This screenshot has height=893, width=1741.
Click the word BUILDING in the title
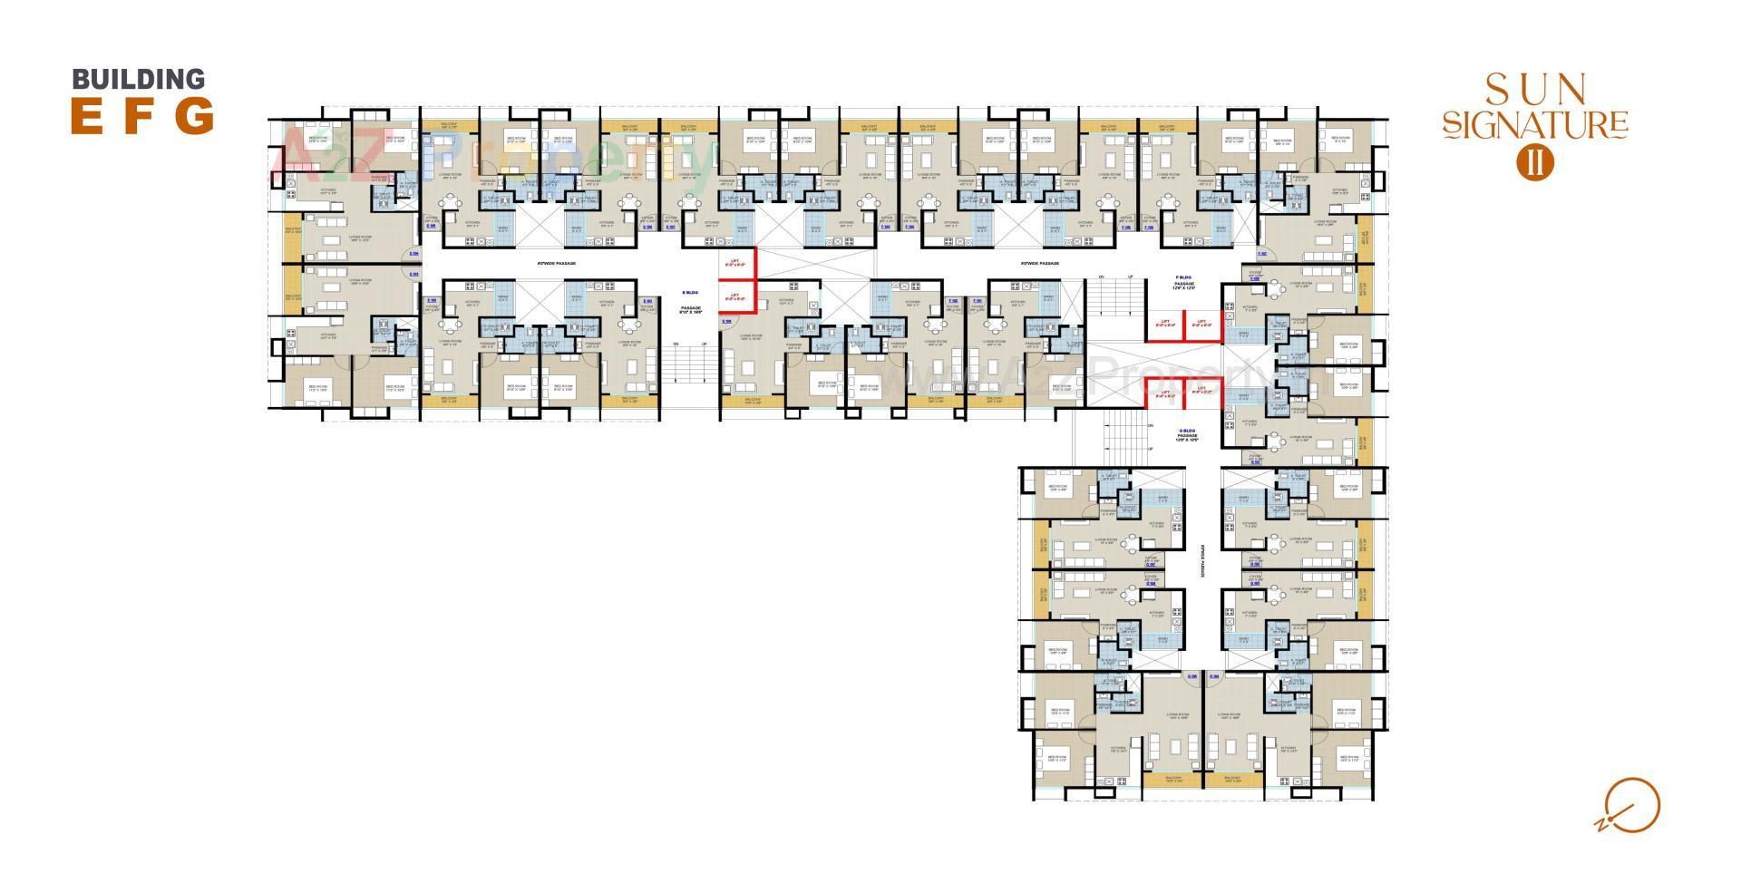[139, 80]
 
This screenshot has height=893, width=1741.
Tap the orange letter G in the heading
[194, 116]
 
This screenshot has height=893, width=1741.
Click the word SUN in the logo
[1535, 90]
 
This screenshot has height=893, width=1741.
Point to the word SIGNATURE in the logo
[1535, 124]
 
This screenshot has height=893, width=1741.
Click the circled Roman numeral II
[1535, 160]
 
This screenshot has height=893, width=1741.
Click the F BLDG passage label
[1183, 282]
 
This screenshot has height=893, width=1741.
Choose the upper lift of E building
[737, 264]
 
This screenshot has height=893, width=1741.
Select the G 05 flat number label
[1192, 675]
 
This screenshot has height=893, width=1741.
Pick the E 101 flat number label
[647, 301]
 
